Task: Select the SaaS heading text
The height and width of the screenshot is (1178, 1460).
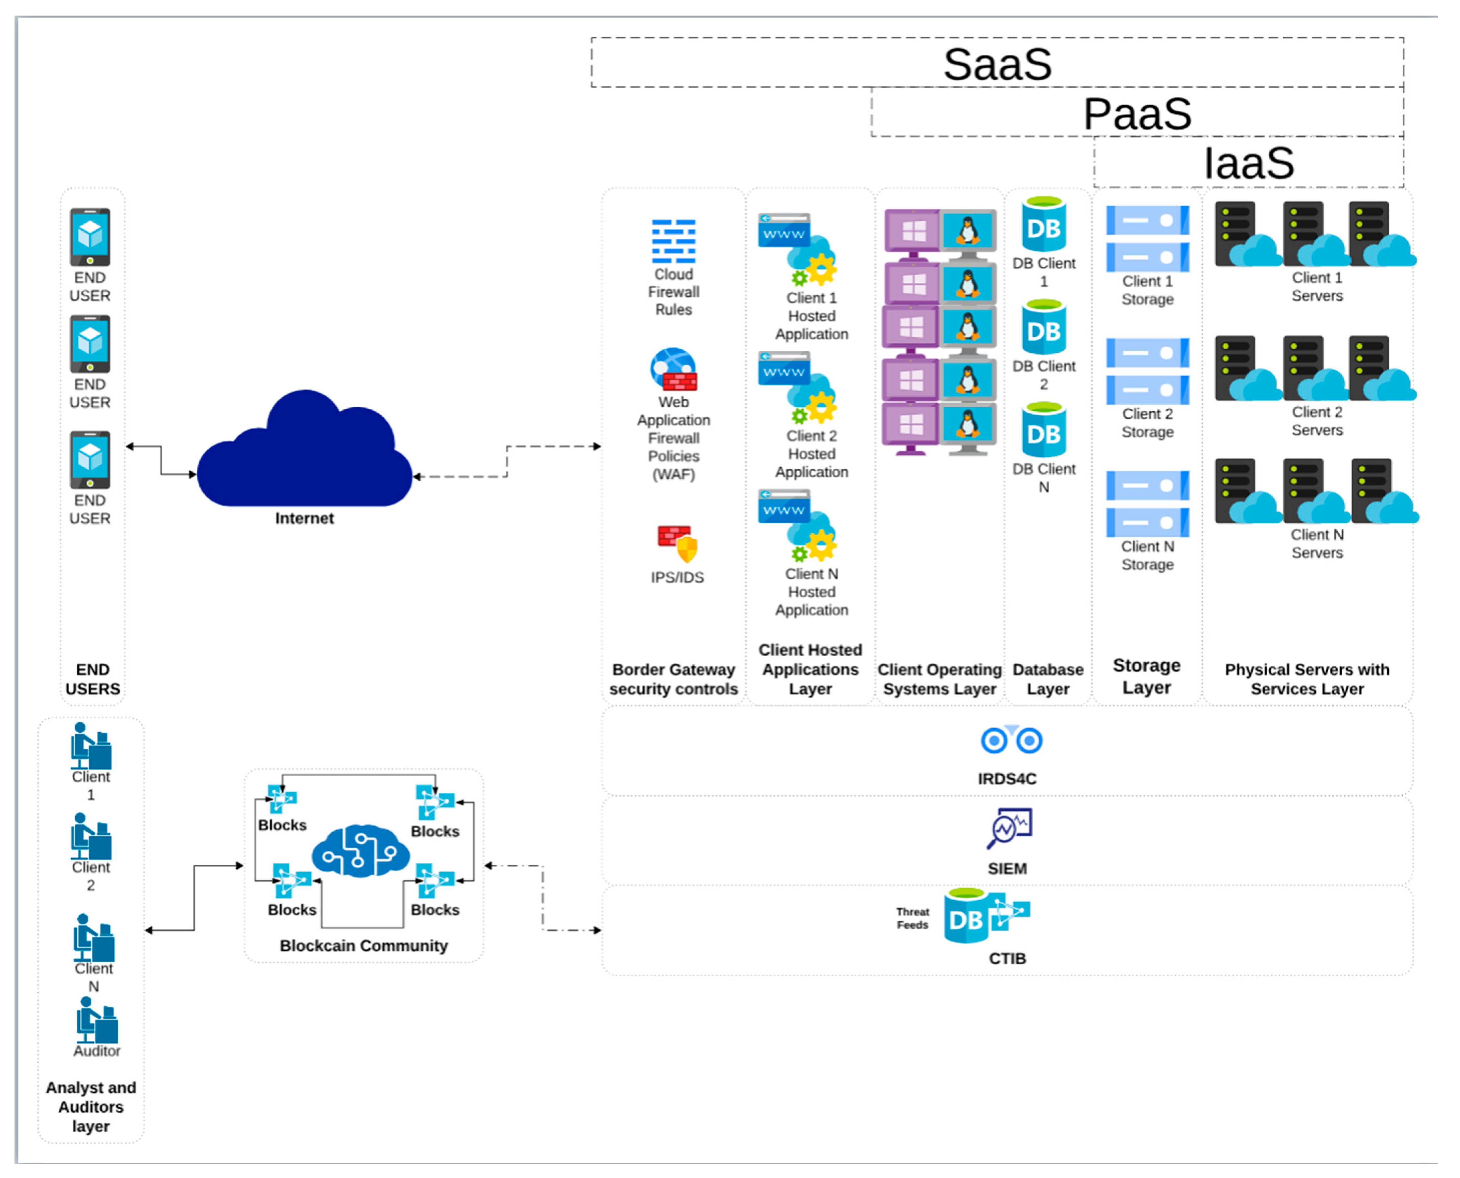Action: click(998, 64)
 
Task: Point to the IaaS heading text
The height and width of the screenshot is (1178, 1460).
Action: click(1249, 163)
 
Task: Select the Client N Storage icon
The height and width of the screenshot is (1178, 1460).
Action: click(1148, 503)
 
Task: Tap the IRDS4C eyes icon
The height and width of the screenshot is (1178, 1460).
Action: click(1011, 739)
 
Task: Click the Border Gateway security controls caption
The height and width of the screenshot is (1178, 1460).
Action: click(673, 679)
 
